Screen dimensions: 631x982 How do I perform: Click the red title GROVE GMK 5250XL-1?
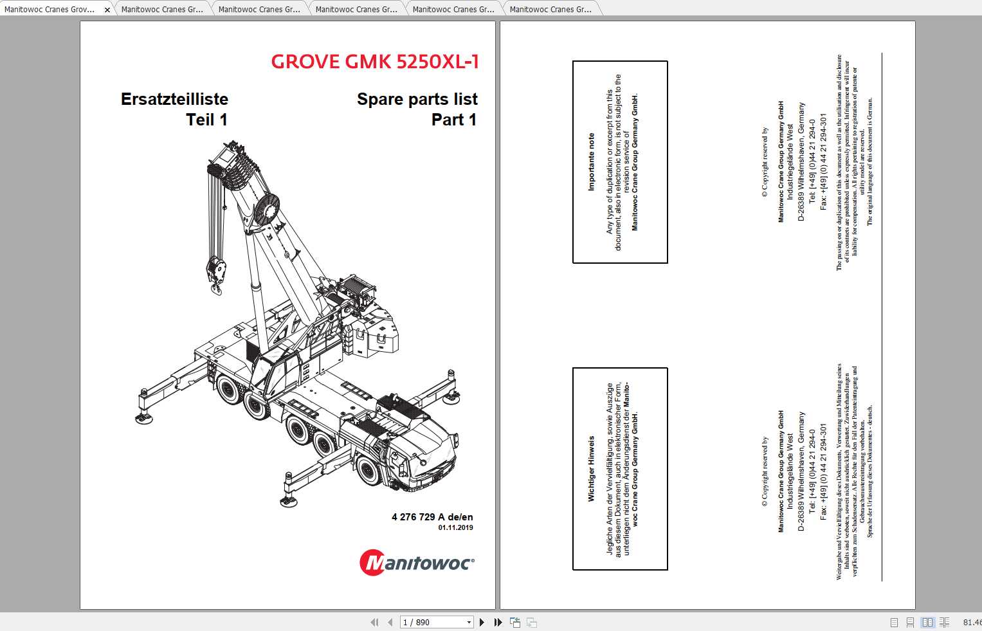coord(374,62)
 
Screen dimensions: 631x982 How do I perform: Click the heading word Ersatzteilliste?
coord(174,99)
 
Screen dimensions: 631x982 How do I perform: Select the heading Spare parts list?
coord(417,99)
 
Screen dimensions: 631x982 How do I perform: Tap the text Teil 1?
coord(206,120)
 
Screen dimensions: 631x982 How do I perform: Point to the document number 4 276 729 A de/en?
coord(432,517)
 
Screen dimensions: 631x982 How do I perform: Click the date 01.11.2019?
coord(455,527)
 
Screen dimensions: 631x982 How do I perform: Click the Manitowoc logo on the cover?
coord(417,563)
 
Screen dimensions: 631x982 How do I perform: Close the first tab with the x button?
coord(107,10)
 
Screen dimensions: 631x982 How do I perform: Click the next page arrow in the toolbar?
coord(482,622)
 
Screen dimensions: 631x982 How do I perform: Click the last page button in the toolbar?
coord(497,622)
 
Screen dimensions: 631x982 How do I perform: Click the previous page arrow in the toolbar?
coord(390,622)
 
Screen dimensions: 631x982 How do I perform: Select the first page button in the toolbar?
coord(374,622)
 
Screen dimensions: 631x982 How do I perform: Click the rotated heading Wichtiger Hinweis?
coord(591,468)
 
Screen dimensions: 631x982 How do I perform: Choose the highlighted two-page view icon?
coord(927,622)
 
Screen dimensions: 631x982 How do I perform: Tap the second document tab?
coord(162,10)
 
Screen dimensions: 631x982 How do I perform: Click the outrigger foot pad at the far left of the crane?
coord(140,417)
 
